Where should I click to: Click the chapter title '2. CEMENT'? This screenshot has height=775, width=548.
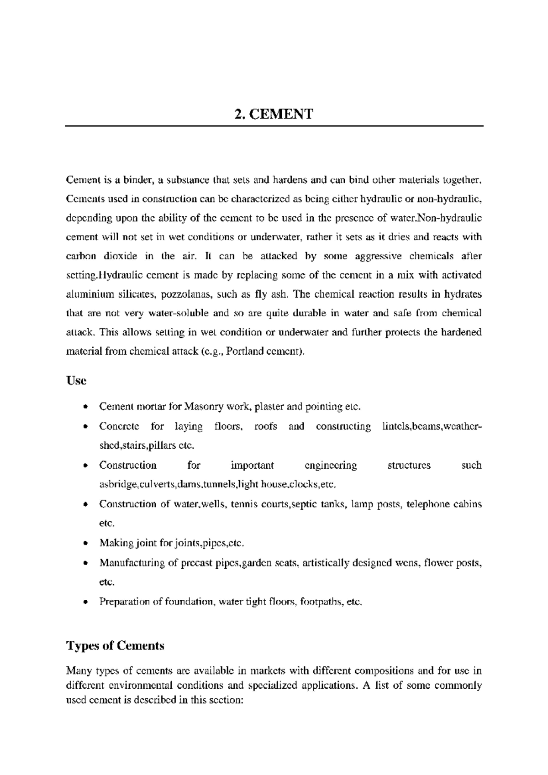[274, 114]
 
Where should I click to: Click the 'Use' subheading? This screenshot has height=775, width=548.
[76, 380]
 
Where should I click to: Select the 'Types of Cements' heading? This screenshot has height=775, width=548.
[115, 645]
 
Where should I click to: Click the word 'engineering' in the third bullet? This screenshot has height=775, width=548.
[331, 465]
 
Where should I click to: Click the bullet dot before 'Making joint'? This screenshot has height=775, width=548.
[85, 544]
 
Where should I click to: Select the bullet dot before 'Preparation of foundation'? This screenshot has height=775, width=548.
[85, 602]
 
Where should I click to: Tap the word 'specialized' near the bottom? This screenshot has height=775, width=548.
[271, 685]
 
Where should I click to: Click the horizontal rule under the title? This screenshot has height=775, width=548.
[274, 126]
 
